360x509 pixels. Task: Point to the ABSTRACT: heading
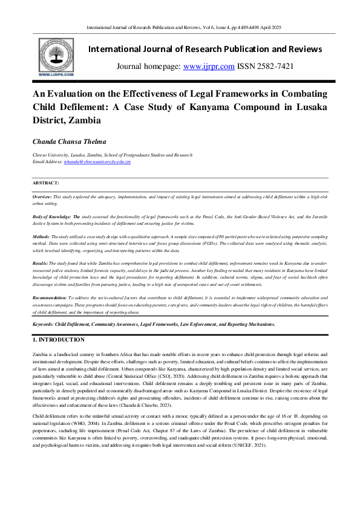[46, 182]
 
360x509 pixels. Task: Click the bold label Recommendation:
[50, 299]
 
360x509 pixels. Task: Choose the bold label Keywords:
[43, 324]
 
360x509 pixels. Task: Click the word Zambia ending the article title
[85, 120]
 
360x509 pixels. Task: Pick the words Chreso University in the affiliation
[51, 156]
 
